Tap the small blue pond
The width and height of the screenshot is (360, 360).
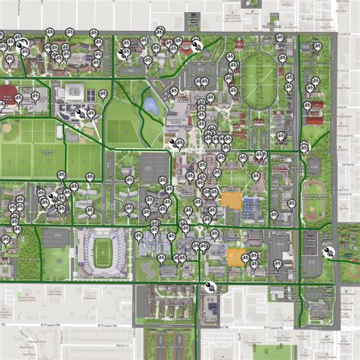(x=152, y=105)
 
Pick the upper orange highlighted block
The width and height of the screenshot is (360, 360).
(x=232, y=201)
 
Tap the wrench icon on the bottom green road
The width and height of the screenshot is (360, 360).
(x=209, y=286)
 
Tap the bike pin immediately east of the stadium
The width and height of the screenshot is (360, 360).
(x=139, y=236)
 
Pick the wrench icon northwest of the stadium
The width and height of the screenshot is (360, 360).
(x=55, y=197)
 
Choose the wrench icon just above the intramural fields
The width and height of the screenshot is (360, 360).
(x=81, y=114)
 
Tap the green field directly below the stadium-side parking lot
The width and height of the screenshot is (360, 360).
(x=55, y=263)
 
